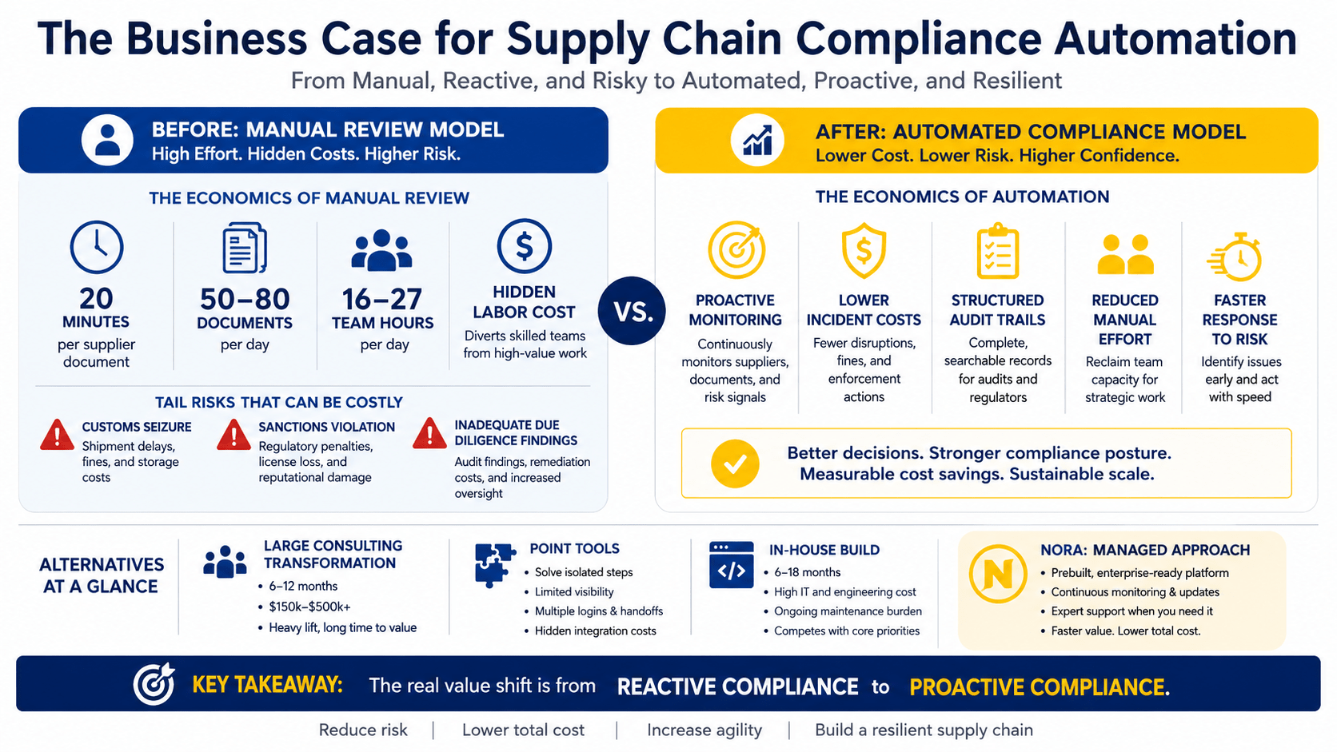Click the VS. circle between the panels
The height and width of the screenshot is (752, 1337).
(x=632, y=311)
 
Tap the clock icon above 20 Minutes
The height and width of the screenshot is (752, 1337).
(x=97, y=247)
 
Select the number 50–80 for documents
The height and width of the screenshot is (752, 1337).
(x=245, y=300)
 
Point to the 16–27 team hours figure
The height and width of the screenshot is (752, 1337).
(x=382, y=300)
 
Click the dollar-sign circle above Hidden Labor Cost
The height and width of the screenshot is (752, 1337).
(x=524, y=246)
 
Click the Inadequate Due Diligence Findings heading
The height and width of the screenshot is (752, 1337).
(x=516, y=433)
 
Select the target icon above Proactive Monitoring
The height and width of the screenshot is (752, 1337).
(x=736, y=250)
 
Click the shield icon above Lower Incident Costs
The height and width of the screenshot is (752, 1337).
(x=864, y=251)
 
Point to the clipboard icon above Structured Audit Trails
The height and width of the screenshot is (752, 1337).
(x=997, y=251)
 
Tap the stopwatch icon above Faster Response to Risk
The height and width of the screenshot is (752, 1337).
(x=1235, y=257)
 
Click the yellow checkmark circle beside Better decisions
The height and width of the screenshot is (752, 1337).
(x=735, y=464)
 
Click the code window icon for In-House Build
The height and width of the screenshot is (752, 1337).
(x=731, y=565)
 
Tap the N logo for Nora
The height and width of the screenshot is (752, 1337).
(x=998, y=574)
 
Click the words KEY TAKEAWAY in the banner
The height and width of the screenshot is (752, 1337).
(x=267, y=685)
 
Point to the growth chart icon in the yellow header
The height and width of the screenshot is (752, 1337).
(x=757, y=141)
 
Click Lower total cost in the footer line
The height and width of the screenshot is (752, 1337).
(x=524, y=730)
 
